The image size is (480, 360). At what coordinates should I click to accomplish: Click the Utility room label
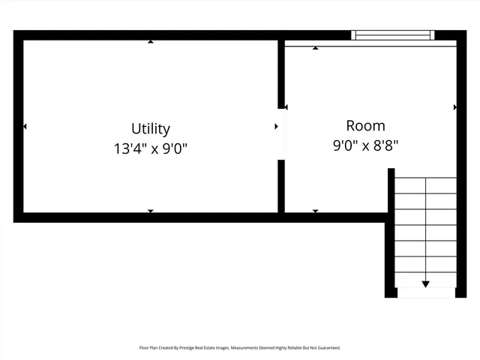pyautogui.click(x=151, y=128)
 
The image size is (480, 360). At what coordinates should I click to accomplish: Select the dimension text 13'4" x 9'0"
pyautogui.click(x=151, y=148)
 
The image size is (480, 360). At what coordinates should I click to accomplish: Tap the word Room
pyautogui.click(x=365, y=125)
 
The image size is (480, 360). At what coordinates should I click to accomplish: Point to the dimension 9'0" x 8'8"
pyautogui.click(x=365, y=146)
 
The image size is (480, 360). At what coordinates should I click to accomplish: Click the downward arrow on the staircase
pyautogui.click(x=425, y=283)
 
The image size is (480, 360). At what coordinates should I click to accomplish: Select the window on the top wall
pyautogui.click(x=393, y=34)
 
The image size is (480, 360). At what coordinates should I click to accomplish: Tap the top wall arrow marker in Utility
pyautogui.click(x=151, y=42)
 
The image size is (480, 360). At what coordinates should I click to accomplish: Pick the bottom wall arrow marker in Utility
pyautogui.click(x=151, y=211)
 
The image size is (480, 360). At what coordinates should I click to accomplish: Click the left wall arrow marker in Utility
pyautogui.click(x=25, y=127)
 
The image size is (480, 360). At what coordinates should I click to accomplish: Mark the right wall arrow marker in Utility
pyautogui.click(x=276, y=127)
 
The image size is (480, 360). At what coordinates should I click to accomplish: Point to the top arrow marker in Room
pyautogui.click(x=315, y=49)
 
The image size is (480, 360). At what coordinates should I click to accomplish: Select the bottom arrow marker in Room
pyautogui.click(x=315, y=211)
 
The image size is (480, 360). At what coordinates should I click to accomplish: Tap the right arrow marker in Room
pyautogui.click(x=454, y=108)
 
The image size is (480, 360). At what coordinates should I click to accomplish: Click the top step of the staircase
pyautogui.click(x=425, y=185)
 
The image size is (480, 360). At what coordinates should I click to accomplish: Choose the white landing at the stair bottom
pyautogui.click(x=425, y=292)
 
